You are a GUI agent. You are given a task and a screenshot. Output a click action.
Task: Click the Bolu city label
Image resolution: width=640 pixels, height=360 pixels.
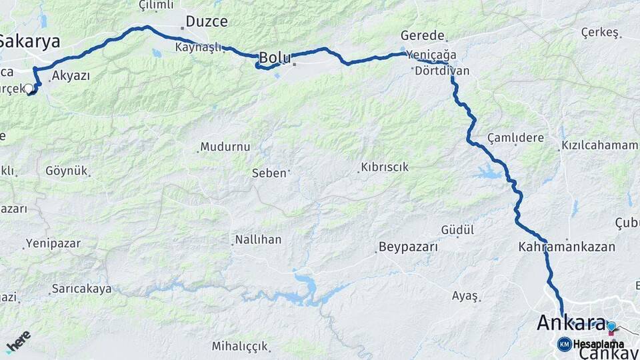(x=275, y=58)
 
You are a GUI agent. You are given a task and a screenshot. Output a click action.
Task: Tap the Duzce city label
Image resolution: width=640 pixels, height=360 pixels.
(x=206, y=21)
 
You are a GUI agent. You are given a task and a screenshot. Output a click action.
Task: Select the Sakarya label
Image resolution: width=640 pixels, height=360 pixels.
(x=29, y=41)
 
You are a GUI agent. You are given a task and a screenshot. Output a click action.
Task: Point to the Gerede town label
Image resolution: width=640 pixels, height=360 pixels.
(x=423, y=36)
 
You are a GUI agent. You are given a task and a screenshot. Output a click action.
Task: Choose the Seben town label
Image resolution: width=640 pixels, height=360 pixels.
(x=269, y=173)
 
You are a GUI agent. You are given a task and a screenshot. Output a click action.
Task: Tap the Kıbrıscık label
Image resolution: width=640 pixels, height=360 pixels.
(x=385, y=167)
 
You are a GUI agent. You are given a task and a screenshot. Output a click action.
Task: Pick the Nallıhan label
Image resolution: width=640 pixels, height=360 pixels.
(x=258, y=239)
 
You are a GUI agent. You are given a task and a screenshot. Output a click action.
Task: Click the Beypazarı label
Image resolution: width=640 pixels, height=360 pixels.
(x=408, y=247)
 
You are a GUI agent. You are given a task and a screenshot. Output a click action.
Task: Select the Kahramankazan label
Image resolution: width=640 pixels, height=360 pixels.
(x=567, y=247)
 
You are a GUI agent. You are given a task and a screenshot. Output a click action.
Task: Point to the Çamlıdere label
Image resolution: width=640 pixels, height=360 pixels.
(x=515, y=138)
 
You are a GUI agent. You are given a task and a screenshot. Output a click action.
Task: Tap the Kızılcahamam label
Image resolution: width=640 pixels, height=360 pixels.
(x=599, y=145)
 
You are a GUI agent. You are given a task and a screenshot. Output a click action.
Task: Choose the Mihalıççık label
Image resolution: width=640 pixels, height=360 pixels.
(x=240, y=346)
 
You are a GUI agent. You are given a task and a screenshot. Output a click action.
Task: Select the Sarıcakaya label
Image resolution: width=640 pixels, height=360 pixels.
(x=81, y=289)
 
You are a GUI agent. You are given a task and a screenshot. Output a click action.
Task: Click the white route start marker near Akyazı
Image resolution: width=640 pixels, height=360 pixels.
(x=29, y=89)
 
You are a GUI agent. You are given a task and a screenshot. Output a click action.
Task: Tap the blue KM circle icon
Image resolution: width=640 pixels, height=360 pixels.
(x=564, y=344)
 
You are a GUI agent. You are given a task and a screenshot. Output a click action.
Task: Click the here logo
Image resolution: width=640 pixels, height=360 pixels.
(x=18, y=341)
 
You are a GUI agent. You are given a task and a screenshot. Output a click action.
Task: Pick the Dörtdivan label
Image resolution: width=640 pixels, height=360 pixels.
(x=442, y=71)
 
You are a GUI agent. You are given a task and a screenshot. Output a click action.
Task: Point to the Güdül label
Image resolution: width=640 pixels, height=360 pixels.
(x=457, y=230)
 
